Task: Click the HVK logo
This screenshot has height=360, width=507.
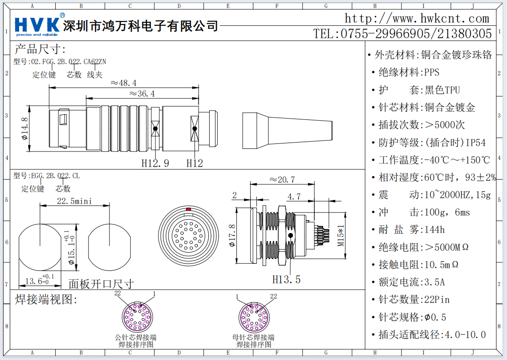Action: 38,24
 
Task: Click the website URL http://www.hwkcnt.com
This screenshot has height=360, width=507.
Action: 417,19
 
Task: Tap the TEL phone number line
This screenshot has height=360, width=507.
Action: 403,33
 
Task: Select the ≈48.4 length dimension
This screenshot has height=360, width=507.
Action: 123,83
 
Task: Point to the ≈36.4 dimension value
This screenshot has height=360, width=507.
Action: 142,94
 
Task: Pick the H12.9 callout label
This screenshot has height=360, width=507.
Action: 155,164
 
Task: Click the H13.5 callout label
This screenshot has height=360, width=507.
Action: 286,279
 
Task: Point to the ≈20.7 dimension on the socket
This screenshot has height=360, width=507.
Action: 282,180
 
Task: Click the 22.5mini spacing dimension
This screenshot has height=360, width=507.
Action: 74,201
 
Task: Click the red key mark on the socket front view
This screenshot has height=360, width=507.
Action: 188,209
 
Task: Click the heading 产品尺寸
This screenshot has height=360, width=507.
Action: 40,49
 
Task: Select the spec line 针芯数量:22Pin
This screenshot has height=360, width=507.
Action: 414,299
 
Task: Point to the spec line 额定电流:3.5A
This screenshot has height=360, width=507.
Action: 412,282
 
